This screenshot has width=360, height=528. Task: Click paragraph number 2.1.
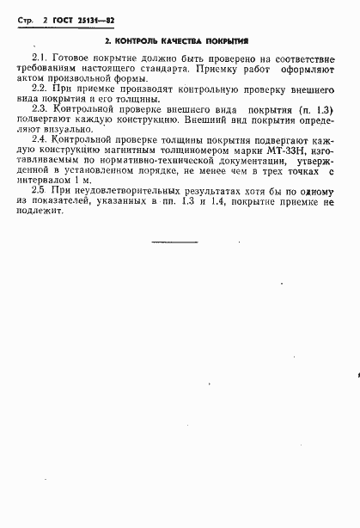pyautogui.click(x=39, y=55)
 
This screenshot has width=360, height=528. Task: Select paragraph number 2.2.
pyautogui.click(x=39, y=89)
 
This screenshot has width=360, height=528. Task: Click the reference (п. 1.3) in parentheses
pyautogui.click(x=308, y=111)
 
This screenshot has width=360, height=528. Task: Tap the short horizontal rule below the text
pyautogui.click(x=174, y=243)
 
